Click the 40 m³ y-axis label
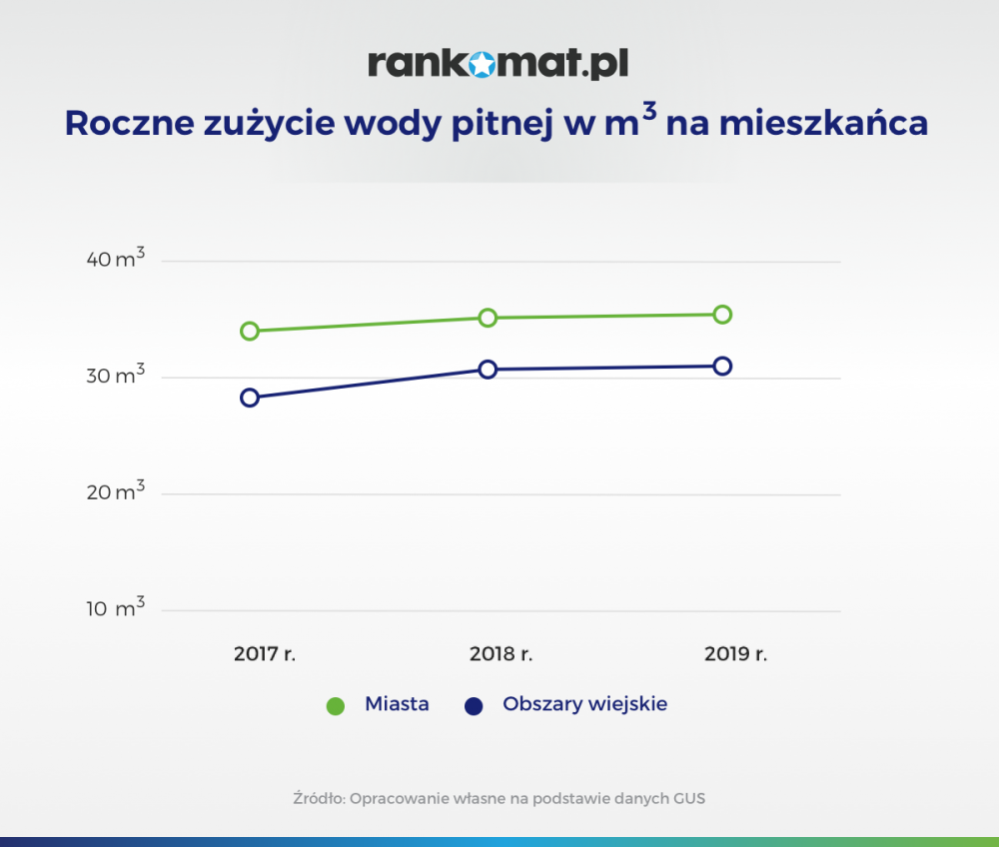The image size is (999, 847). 115,258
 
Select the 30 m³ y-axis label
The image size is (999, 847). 115,375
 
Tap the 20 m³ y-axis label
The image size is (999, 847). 115,491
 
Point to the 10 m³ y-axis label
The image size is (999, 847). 115,607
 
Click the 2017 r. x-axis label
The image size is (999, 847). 265,654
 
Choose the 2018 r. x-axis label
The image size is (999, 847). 500,654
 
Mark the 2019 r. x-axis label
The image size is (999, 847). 736,654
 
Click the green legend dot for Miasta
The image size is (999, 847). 335,705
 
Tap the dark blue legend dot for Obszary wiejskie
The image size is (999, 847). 474,705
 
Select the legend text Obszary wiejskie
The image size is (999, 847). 584,704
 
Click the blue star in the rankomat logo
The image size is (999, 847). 483,64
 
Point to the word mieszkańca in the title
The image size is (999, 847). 823,122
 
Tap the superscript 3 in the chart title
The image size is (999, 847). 649,112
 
